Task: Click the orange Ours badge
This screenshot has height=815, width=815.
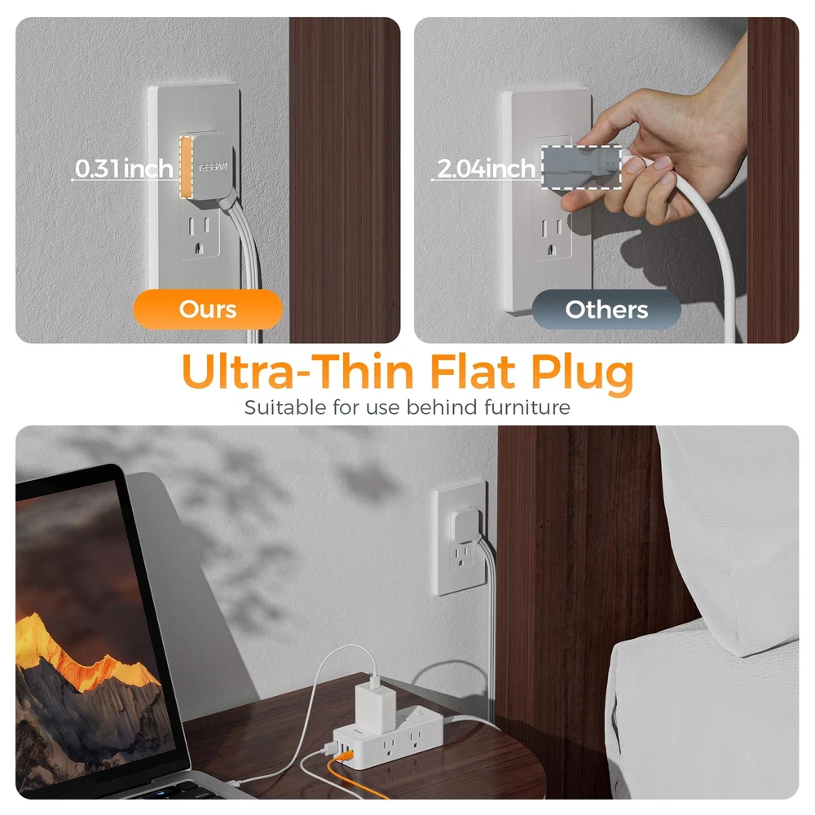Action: (x=208, y=309)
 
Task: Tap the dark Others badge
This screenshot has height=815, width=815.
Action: (x=606, y=309)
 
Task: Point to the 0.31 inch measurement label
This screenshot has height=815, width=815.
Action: (x=124, y=169)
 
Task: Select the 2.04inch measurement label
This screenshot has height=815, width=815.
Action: (x=486, y=169)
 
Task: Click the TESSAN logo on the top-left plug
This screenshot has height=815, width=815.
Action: (x=213, y=167)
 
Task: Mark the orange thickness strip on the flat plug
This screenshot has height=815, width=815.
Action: (x=186, y=167)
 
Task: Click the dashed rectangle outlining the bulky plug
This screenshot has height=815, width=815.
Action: (x=582, y=167)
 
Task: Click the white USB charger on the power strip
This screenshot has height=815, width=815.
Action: (x=375, y=705)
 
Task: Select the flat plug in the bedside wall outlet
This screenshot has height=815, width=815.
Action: (x=466, y=526)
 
